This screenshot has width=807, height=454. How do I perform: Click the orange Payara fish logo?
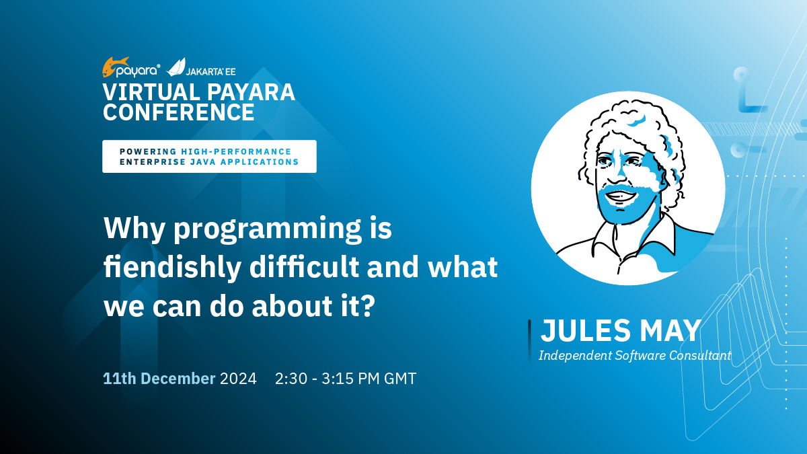click(115, 67)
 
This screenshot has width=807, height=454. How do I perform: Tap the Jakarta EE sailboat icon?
click(176, 67)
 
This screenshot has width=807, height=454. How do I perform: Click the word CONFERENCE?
click(179, 112)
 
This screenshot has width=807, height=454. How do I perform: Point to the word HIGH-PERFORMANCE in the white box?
click(236, 152)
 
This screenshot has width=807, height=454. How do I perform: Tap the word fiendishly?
click(172, 268)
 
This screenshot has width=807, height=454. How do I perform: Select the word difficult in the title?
click(304, 266)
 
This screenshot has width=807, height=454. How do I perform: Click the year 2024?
click(238, 379)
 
